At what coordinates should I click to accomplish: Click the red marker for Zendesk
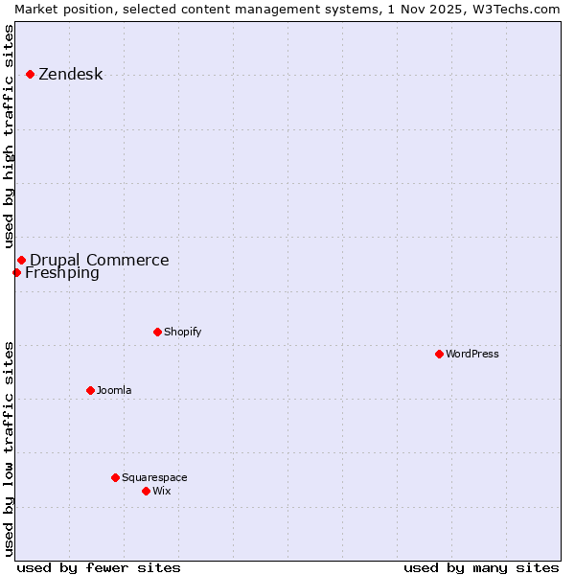point(30,74)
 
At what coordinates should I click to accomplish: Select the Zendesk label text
point(70,75)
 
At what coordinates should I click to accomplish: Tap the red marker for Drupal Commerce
point(21,260)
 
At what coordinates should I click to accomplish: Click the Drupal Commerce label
point(99,260)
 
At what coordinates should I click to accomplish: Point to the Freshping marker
point(16,272)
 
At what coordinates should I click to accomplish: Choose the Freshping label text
point(61,273)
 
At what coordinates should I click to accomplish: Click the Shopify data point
point(157,332)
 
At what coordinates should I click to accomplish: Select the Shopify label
point(182,333)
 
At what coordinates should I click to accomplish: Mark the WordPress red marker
point(439,354)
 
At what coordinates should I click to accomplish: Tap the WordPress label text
point(471,355)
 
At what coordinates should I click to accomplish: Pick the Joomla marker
point(90,390)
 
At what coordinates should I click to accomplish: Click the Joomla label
point(114,391)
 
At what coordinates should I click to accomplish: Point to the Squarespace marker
point(115,477)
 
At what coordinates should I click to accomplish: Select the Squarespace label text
point(154,478)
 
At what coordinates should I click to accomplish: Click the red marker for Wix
point(146,491)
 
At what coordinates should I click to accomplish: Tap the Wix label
point(161,492)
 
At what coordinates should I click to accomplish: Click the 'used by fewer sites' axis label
point(99,567)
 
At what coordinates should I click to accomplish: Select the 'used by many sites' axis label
point(481,567)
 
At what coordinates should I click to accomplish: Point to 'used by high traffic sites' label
point(9,136)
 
